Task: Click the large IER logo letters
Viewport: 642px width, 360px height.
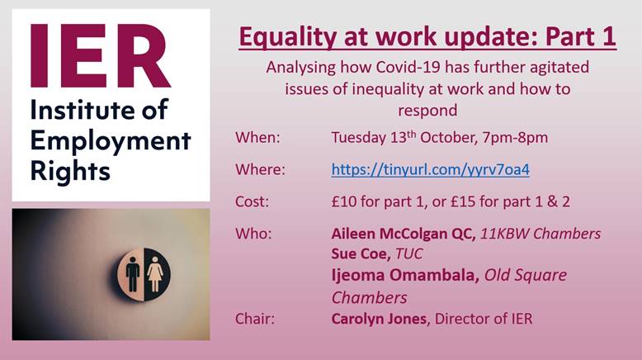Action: (x=101, y=56)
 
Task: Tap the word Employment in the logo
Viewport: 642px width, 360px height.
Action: (x=111, y=142)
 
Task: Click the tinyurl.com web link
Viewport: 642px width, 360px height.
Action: (x=430, y=169)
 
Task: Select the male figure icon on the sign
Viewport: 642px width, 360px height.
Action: (x=133, y=274)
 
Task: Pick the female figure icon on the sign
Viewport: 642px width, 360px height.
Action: (x=155, y=274)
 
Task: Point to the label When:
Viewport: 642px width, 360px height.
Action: (x=257, y=138)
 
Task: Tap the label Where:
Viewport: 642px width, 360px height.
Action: (x=260, y=169)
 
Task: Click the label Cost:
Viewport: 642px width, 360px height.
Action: (x=252, y=202)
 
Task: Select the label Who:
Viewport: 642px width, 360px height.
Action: (x=253, y=234)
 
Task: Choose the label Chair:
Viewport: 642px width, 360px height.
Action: (x=255, y=319)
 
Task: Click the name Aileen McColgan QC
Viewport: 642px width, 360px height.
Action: (x=404, y=234)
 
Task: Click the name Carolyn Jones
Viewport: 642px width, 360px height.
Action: (x=379, y=319)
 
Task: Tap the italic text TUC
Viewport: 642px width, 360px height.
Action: (x=409, y=254)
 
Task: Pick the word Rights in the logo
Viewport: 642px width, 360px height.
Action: (x=70, y=172)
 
